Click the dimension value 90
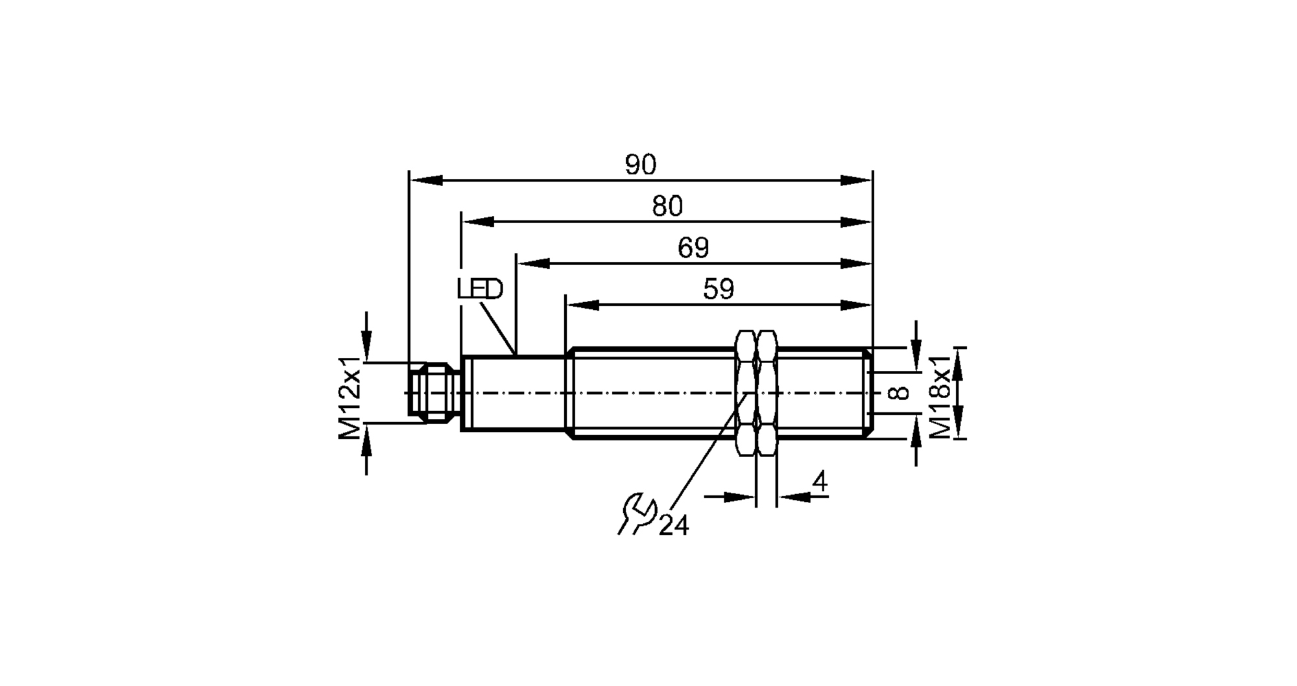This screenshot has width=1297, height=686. point(641,165)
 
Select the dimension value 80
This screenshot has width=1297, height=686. point(667,207)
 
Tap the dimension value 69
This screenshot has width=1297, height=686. point(693,248)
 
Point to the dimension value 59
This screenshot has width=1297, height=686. point(719,289)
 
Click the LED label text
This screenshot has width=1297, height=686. point(480,289)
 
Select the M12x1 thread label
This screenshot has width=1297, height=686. point(350,397)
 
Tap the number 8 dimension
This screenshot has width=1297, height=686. point(899,392)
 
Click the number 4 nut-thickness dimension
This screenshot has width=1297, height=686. point(820,482)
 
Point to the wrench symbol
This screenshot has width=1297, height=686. point(637,514)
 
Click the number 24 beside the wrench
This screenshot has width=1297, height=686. point(674,526)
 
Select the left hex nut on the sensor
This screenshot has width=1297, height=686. point(746,393)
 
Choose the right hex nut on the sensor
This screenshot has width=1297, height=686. point(767,393)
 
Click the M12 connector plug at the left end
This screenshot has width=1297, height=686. point(433,393)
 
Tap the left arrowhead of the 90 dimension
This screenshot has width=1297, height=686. point(425,180)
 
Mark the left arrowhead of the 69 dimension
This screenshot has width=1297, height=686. point(534,263)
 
